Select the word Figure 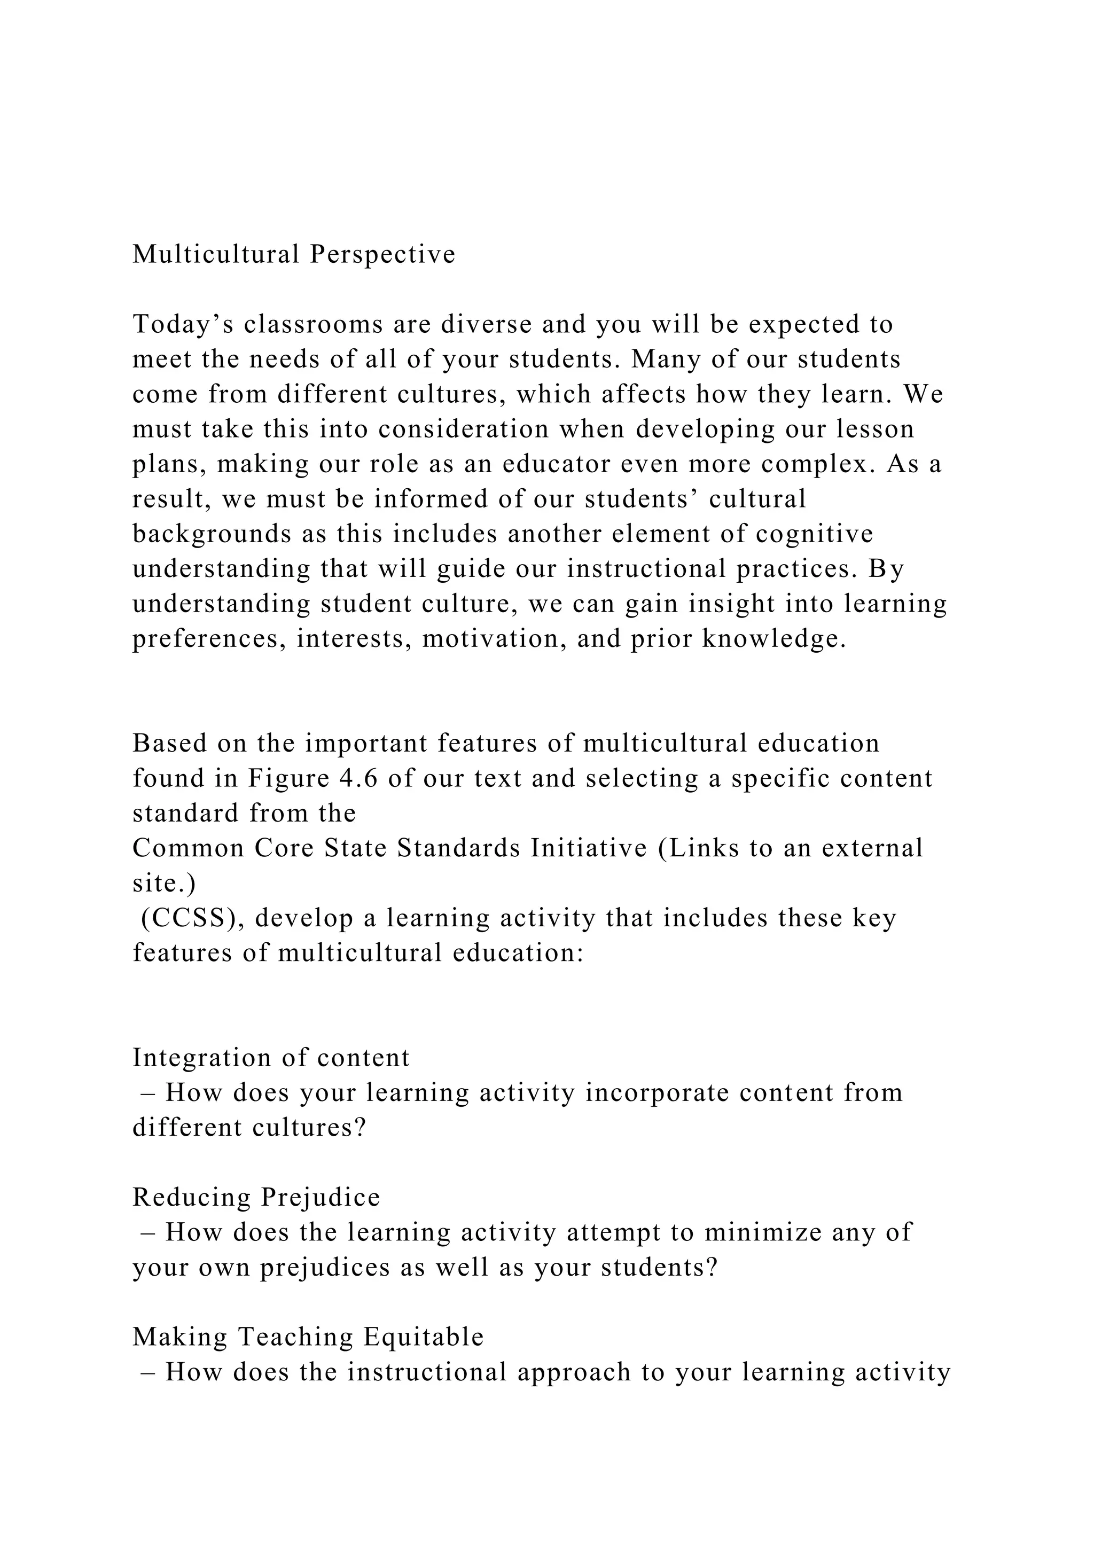point(288,778)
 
